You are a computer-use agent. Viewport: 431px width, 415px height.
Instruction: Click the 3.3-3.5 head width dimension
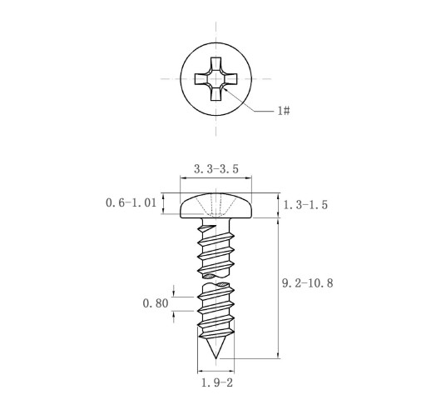[216, 169]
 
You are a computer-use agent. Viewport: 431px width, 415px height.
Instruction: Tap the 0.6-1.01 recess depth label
[131, 202]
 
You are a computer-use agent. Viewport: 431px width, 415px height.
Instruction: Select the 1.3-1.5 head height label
[305, 205]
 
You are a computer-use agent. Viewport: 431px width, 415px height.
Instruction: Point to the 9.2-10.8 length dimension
[307, 283]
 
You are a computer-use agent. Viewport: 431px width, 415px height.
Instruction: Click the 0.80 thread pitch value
[156, 303]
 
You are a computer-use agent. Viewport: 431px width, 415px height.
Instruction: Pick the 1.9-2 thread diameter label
[217, 382]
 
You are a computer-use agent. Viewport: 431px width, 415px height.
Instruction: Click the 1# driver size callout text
[284, 111]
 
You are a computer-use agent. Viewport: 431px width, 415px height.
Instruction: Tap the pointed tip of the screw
[215, 358]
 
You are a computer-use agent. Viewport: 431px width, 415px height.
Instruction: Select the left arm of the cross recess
[201, 79]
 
